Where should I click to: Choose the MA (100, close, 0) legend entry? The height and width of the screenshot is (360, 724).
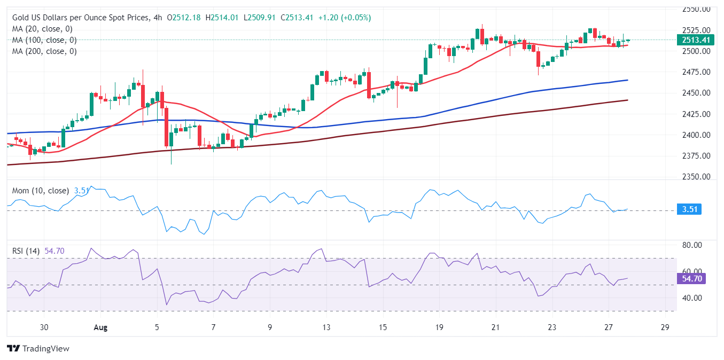click(44, 40)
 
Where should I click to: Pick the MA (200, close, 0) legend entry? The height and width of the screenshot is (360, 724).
click(44, 51)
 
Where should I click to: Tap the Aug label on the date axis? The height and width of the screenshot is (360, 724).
click(100, 327)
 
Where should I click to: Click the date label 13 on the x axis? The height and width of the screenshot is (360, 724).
click(326, 327)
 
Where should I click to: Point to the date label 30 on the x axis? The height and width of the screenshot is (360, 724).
click(44, 327)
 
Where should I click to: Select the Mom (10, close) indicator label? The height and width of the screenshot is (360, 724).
click(42, 191)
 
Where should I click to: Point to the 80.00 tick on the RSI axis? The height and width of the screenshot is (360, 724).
click(691, 245)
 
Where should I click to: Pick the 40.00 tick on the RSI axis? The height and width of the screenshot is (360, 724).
click(691, 298)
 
